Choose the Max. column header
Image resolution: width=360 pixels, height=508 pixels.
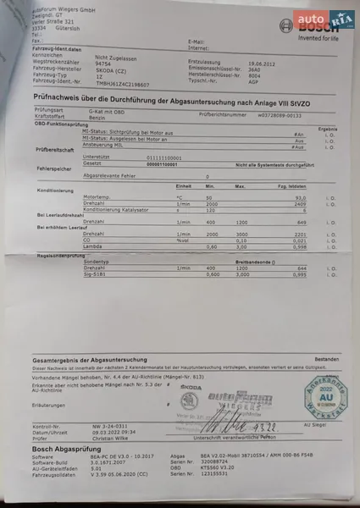[240, 185]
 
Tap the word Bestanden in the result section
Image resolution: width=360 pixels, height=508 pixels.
[324, 358]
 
